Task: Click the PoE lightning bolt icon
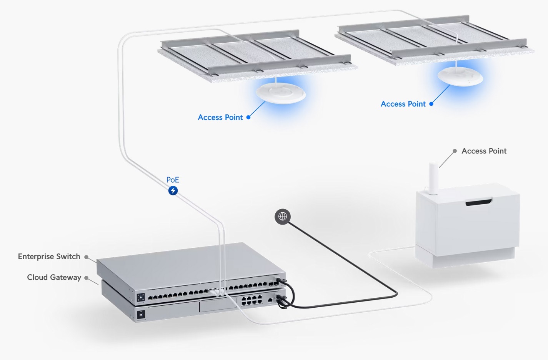click(173, 190)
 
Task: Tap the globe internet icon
click(283, 217)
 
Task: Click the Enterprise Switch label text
click(49, 257)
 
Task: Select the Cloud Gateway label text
click(54, 277)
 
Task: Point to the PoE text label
click(173, 180)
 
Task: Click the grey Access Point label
click(484, 151)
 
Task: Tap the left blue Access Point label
click(220, 117)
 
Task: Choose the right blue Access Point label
click(403, 104)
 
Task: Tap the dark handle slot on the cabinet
click(479, 202)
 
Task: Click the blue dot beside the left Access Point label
click(248, 117)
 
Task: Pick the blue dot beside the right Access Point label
click(431, 104)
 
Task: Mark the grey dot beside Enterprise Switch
click(86, 257)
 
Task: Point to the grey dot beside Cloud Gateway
click(86, 278)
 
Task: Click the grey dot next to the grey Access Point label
click(455, 151)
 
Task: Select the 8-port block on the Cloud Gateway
click(252, 300)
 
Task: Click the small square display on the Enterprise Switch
click(141, 297)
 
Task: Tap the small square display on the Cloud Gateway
click(141, 315)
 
